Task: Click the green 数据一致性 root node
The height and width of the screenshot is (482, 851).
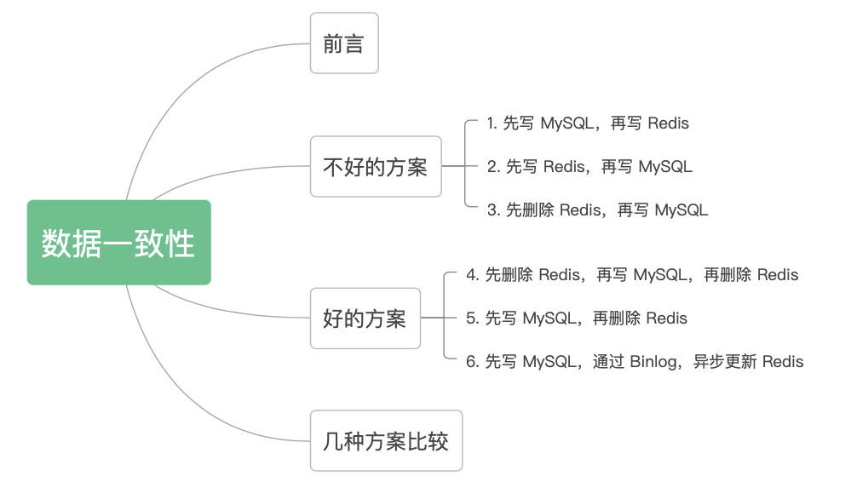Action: tap(118, 243)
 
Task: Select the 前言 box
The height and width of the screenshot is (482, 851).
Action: tap(343, 43)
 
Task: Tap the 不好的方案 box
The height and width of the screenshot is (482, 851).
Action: tap(375, 167)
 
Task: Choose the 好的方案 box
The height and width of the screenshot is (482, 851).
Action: tap(365, 318)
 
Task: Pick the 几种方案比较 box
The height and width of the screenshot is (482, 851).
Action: tap(386, 441)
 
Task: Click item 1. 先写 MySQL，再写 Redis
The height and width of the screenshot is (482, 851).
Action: tap(588, 123)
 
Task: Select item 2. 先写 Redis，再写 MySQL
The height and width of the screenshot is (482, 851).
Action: tap(589, 167)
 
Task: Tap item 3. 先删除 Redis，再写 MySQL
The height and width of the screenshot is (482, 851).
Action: tap(597, 209)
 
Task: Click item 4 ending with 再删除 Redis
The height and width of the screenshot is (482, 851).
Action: tap(632, 275)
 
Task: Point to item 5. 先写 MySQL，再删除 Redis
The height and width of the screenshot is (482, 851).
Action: tap(577, 318)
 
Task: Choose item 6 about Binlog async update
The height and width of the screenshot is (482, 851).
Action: tap(635, 362)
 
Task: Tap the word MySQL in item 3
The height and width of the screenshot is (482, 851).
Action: tap(681, 209)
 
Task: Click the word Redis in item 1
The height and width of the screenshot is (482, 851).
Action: tap(668, 123)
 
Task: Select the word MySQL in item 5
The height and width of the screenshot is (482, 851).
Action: tap(549, 318)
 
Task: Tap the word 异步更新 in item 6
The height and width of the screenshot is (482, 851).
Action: tap(724, 362)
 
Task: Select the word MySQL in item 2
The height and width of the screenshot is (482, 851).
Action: tap(665, 167)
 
